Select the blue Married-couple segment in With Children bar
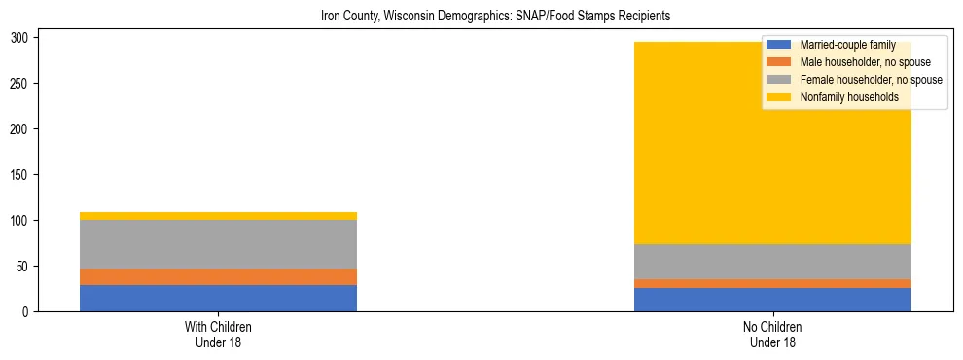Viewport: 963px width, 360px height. [218, 298]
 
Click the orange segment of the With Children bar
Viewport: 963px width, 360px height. [218, 276]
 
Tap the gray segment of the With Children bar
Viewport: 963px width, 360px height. [218, 244]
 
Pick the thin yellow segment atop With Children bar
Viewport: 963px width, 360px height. [218, 216]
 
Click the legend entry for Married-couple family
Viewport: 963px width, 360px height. [847, 45]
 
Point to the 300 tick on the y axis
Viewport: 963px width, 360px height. [28, 38]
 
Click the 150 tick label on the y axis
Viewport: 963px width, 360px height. [28, 175]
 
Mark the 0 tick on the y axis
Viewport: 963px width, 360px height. [34, 312]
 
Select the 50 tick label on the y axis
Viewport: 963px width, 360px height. [31, 267]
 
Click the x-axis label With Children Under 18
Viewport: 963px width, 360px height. [218, 335]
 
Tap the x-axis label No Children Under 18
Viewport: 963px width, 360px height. [772, 335]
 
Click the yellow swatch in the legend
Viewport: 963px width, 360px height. [780, 97]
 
